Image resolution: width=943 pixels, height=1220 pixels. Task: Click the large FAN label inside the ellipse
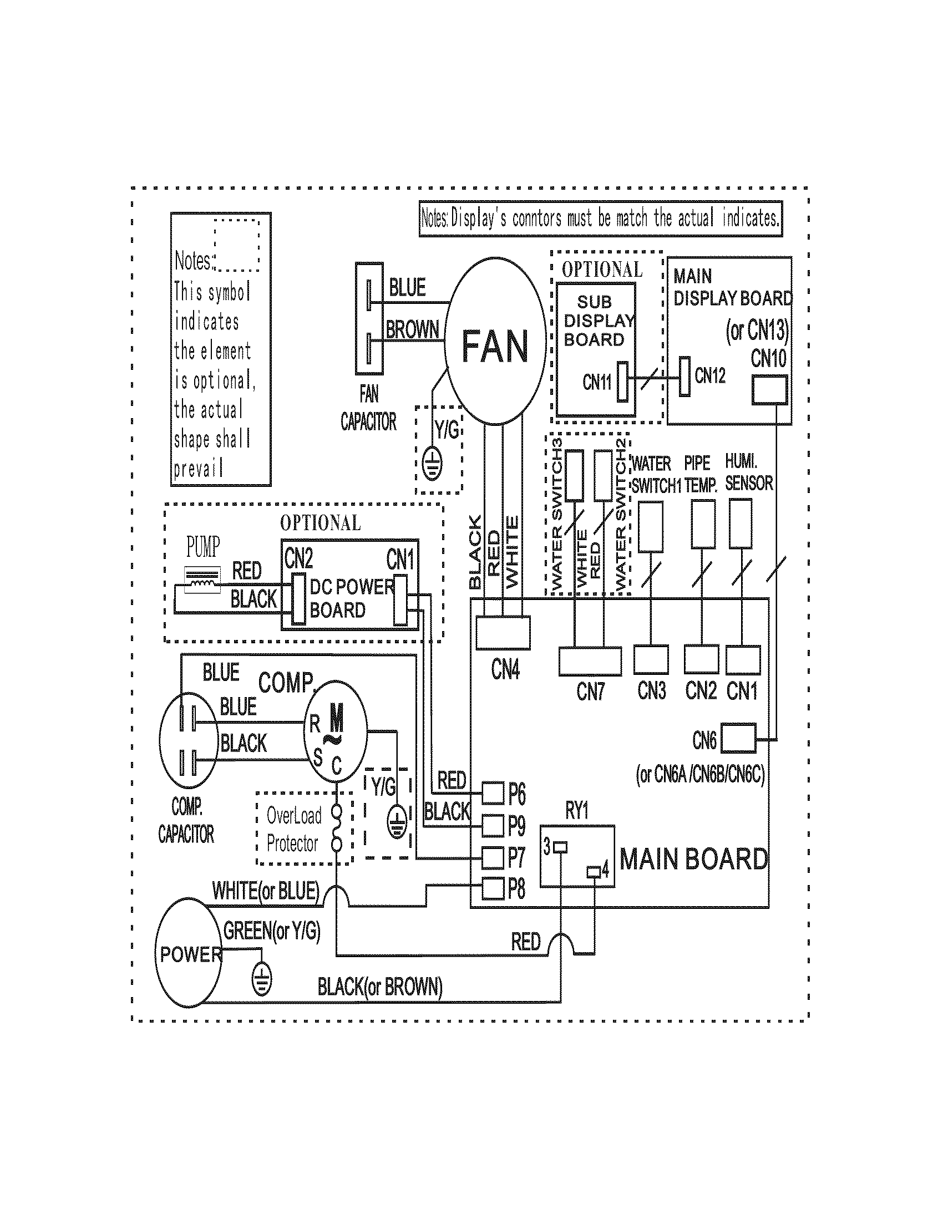click(495, 347)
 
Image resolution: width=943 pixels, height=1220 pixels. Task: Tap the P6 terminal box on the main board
click(493, 792)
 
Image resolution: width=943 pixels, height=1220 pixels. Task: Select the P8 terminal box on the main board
click(493, 888)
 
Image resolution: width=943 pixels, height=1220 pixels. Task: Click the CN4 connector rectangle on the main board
click(503, 632)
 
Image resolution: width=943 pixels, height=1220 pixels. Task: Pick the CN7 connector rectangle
click(590, 661)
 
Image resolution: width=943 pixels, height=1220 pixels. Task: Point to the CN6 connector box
click(738, 739)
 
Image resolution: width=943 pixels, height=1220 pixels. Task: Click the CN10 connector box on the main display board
click(769, 390)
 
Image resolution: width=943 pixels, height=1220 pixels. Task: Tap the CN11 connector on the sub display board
click(622, 382)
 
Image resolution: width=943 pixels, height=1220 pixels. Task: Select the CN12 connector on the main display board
click(685, 377)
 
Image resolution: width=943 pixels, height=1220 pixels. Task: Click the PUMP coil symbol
click(203, 579)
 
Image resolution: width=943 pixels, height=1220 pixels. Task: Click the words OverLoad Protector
click(293, 830)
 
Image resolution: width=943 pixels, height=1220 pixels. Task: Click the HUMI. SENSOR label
click(749, 472)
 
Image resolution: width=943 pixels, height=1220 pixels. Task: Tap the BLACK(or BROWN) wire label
click(380, 987)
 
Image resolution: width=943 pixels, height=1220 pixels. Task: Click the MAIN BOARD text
click(693, 859)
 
